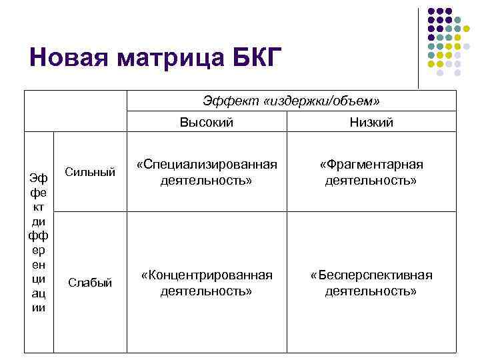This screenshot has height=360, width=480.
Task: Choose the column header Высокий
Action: coord(207,123)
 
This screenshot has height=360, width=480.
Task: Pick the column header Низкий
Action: coord(371,123)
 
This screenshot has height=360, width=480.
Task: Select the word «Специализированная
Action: coord(207,165)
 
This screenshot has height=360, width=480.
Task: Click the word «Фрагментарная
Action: coord(371,165)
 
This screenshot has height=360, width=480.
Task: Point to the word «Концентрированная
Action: coord(207,275)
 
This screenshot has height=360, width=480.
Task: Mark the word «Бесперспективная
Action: coord(371,275)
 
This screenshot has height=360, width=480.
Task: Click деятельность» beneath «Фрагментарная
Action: coord(371,181)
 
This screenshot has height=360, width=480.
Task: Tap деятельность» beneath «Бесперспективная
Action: coord(371,291)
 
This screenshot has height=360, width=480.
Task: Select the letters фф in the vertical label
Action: coord(39,235)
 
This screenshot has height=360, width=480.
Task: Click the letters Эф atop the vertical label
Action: coord(39,178)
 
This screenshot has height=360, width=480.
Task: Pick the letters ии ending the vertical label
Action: coord(39,307)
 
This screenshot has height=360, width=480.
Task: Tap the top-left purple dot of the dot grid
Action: coord(431,11)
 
